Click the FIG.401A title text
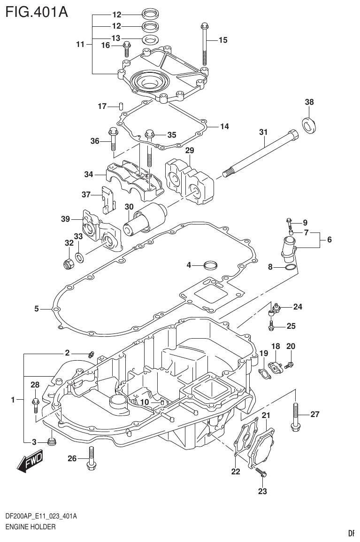(36, 11)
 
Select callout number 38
(309, 102)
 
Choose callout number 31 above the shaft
(263, 132)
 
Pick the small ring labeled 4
(211, 265)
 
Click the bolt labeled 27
(295, 415)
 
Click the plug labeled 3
(53, 441)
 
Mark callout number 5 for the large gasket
(37, 309)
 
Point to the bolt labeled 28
(36, 404)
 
